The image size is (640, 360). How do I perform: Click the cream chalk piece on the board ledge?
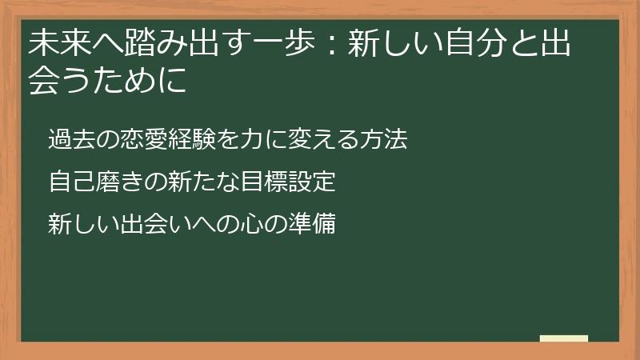pos(563,339)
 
